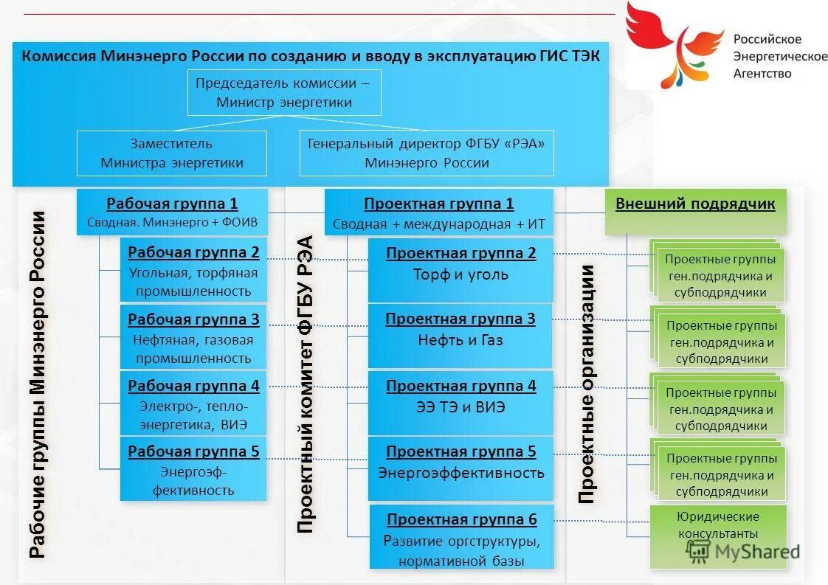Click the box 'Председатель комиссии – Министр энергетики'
tap(284, 93)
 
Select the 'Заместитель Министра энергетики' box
tap(171, 153)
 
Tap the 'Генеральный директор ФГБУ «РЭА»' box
tap(427, 153)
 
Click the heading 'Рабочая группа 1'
tap(172, 204)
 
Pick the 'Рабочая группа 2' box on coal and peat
tap(193, 271)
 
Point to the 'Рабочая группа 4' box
tap(193, 404)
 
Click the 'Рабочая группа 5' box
tap(193, 470)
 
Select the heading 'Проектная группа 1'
tap(438, 204)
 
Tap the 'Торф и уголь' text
tap(460, 274)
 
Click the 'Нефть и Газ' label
tap(460, 340)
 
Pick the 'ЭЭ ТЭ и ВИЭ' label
tap(460, 406)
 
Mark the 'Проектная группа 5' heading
tap(461, 451)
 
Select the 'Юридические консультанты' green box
tap(717, 525)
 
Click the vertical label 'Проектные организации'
tap(587, 384)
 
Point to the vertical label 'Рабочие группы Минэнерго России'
tap(38, 384)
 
